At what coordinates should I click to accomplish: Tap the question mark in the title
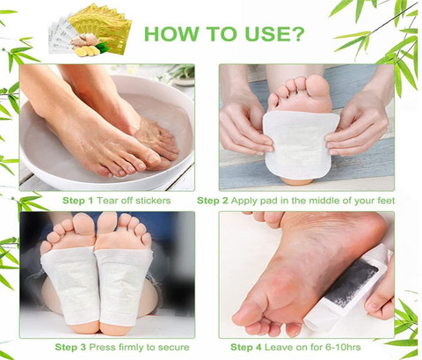[296, 33]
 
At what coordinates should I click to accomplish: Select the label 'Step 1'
[77, 201]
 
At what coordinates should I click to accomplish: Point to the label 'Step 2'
[213, 201]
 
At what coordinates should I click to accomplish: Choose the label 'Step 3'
[70, 348]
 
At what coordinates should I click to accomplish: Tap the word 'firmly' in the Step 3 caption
[130, 348]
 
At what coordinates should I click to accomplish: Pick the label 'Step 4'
[246, 348]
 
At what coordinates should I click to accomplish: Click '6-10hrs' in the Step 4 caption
[343, 348]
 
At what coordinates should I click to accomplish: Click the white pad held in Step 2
[300, 143]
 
